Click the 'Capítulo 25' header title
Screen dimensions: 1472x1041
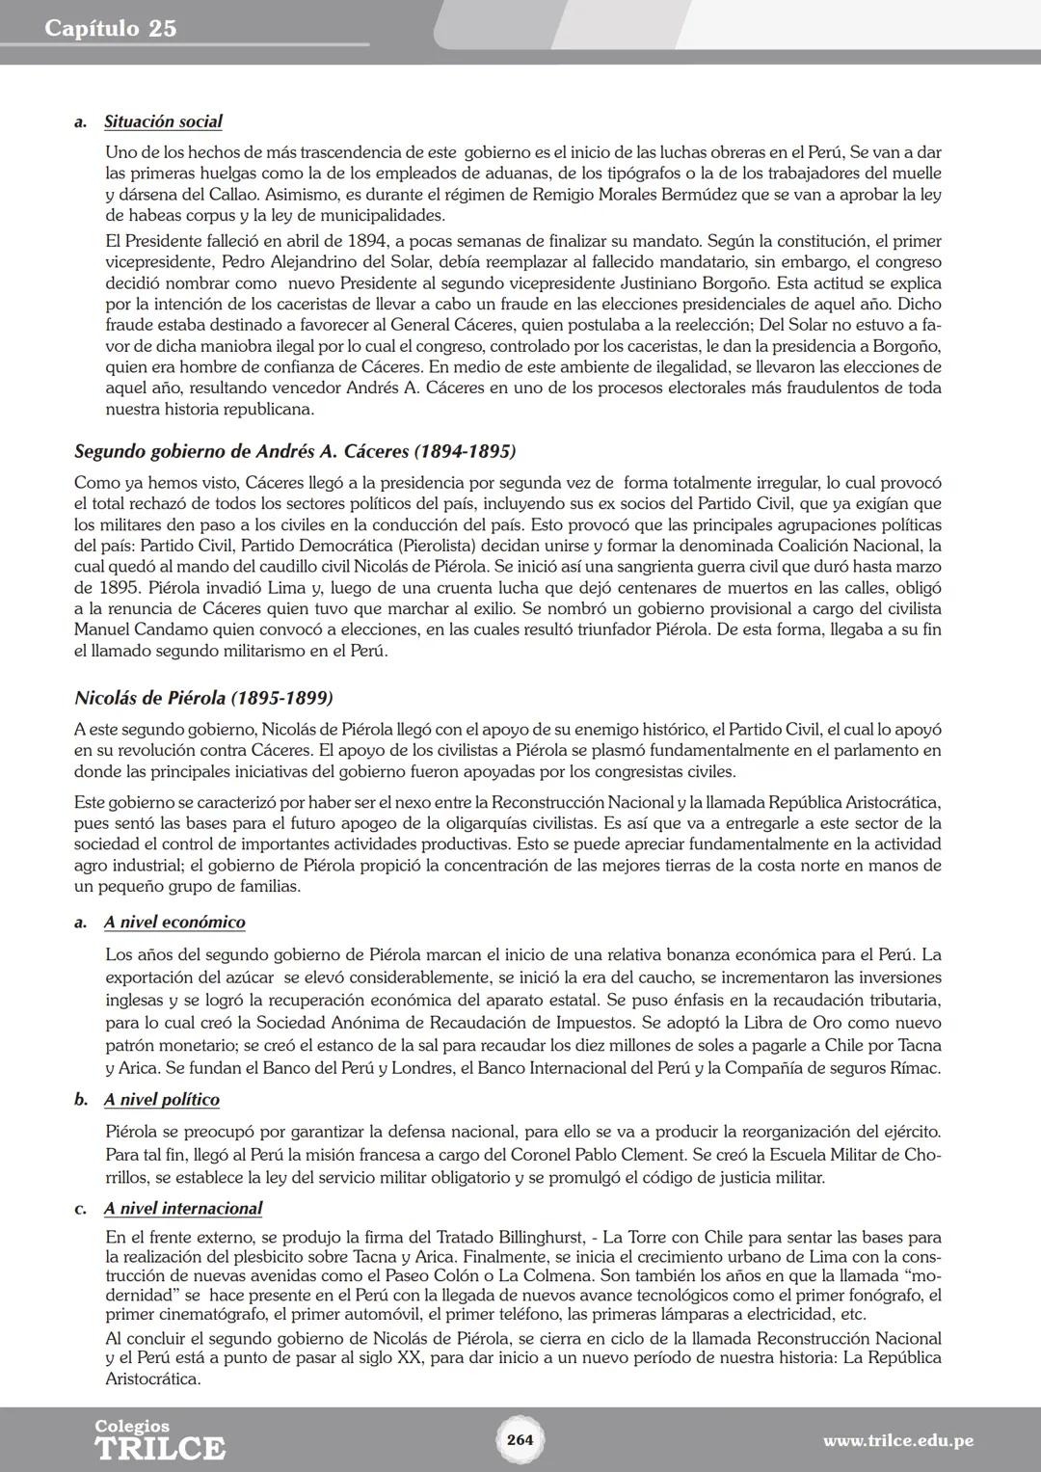pyautogui.click(x=111, y=28)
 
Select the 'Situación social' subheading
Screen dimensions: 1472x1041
pyautogui.click(x=163, y=121)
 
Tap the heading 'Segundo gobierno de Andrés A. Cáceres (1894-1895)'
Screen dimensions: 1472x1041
pyautogui.click(x=295, y=451)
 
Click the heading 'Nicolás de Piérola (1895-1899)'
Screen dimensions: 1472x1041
pyautogui.click(x=203, y=697)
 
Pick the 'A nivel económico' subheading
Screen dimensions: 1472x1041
pyautogui.click(x=174, y=922)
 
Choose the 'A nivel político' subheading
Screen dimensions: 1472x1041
pyautogui.click(x=162, y=1099)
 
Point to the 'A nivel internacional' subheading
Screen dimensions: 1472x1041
pyautogui.click(x=183, y=1208)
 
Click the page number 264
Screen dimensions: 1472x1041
pyautogui.click(x=520, y=1439)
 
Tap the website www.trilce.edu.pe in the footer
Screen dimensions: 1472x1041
pyautogui.click(x=897, y=1441)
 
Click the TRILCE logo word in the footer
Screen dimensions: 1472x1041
pyautogui.click(x=160, y=1449)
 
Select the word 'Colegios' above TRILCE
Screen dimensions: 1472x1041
pyautogui.click(x=132, y=1426)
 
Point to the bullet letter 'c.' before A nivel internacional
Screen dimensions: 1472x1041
pyautogui.click(x=81, y=1209)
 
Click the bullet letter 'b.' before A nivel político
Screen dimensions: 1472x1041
pyautogui.click(x=81, y=1100)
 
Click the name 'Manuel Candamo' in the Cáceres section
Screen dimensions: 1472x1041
pyautogui.click(x=134, y=629)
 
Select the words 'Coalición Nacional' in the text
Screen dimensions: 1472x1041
pyautogui.click(x=841, y=546)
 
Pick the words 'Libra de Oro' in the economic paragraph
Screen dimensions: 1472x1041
pyautogui.click(x=775, y=1023)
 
